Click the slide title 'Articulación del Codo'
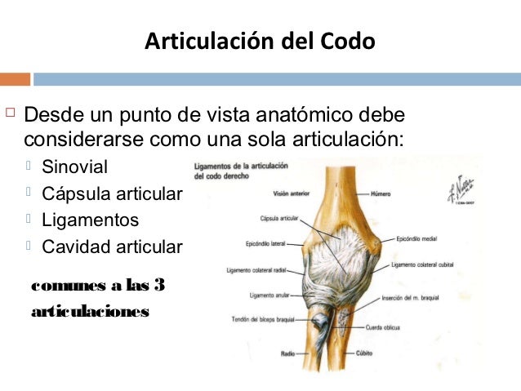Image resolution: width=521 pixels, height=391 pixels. pos(260,41)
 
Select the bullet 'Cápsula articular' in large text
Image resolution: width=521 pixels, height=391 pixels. pos(113,194)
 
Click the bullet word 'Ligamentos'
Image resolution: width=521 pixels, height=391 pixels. pos(90,220)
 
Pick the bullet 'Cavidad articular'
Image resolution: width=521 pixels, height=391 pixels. pos(113,246)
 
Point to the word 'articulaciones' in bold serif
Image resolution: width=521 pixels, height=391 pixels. pos(89,311)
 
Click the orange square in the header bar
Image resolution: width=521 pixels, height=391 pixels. pos(15,79)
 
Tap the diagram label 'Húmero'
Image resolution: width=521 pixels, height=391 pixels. pos(381,193)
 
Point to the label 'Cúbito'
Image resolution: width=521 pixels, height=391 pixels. pos(364,354)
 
